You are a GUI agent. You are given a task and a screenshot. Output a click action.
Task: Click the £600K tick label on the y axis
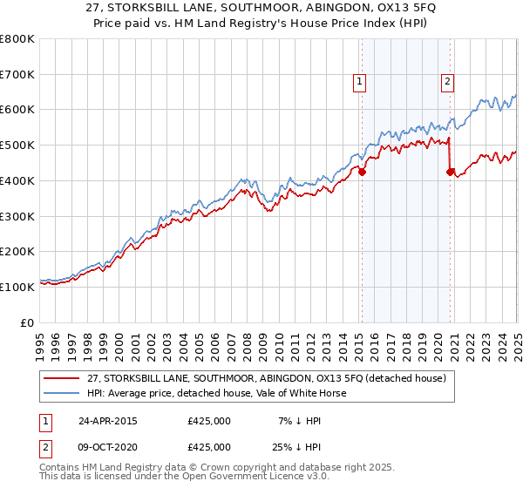coord(17,110)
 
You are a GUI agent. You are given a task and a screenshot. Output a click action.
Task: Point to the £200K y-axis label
coord(17,251)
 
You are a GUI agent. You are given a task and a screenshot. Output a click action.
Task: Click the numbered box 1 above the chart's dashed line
coord(359,83)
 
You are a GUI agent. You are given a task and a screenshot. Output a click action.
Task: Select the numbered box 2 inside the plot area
coord(447,83)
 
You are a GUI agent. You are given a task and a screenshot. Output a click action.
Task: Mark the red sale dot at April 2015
coord(363,172)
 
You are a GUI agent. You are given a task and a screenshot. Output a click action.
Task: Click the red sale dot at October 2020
coord(450,172)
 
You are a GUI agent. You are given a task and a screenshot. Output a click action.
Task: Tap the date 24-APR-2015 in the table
coord(108,421)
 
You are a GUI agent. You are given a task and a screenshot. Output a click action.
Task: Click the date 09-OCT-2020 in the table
coord(108,445)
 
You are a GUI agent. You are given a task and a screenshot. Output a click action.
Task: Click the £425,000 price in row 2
coord(209,445)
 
